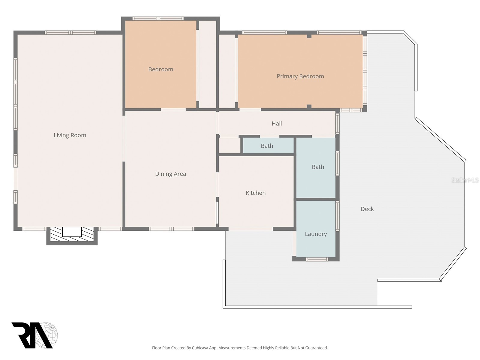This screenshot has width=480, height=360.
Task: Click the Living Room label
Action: pyautogui.click(x=70, y=135)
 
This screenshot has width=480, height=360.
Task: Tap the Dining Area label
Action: pyautogui.click(x=171, y=174)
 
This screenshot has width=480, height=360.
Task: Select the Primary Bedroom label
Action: pyautogui.click(x=300, y=76)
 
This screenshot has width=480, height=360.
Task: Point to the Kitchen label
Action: pyautogui.click(x=256, y=193)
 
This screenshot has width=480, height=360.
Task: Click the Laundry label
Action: pyautogui.click(x=316, y=234)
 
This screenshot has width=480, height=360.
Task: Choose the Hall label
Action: pyautogui.click(x=277, y=124)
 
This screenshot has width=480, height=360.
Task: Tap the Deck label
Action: pyautogui.click(x=367, y=209)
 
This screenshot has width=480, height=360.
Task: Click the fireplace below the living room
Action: pyautogui.click(x=72, y=235)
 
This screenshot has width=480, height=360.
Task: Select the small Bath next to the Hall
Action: pyautogui.click(x=267, y=146)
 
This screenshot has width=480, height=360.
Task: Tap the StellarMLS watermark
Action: pyautogui.click(x=465, y=180)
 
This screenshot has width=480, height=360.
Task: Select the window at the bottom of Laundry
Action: pyautogui.click(x=317, y=259)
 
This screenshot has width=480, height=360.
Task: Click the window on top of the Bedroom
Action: pyautogui.click(x=158, y=19)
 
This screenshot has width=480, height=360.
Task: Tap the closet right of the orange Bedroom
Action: pyautogui.click(x=208, y=64)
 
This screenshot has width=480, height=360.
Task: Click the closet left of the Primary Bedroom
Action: pyautogui.click(x=227, y=71)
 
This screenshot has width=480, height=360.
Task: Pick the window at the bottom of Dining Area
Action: pyautogui.click(x=172, y=229)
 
